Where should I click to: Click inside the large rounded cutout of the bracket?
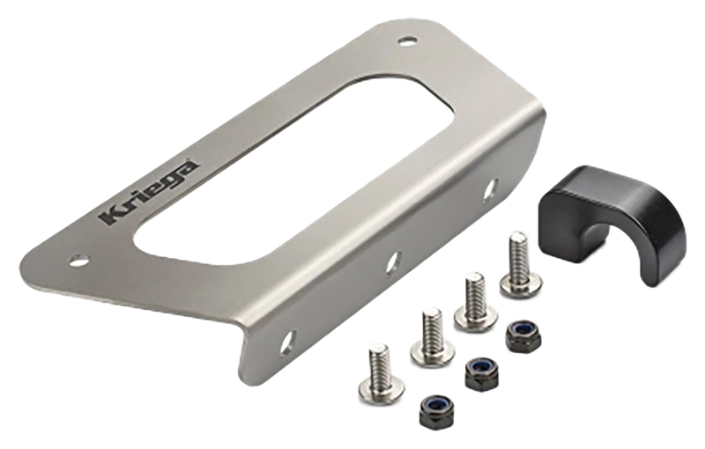click(282, 167)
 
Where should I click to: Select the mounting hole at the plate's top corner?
click(406, 40)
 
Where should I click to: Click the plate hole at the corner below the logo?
click(79, 261)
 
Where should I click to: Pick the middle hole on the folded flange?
click(393, 261)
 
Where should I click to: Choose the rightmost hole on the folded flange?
click(490, 189)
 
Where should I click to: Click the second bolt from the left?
click(432, 339)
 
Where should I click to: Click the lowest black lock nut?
click(435, 409)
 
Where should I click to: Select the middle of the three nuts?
click(480, 373)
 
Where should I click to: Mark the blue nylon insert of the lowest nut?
click(435, 406)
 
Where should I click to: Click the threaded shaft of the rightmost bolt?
click(518, 251)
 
